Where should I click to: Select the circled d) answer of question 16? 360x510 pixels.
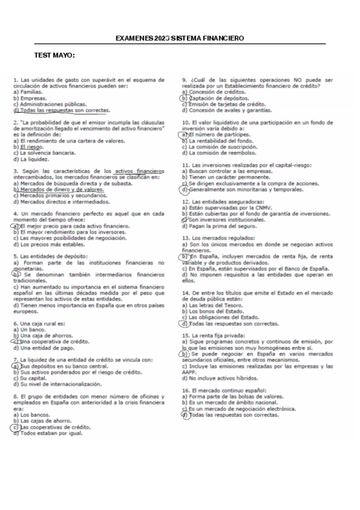(185, 415)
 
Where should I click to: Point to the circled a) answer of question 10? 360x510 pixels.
(185, 135)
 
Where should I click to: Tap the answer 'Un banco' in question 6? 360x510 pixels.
(32, 330)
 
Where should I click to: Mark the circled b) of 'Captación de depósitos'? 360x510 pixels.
(185, 97)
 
